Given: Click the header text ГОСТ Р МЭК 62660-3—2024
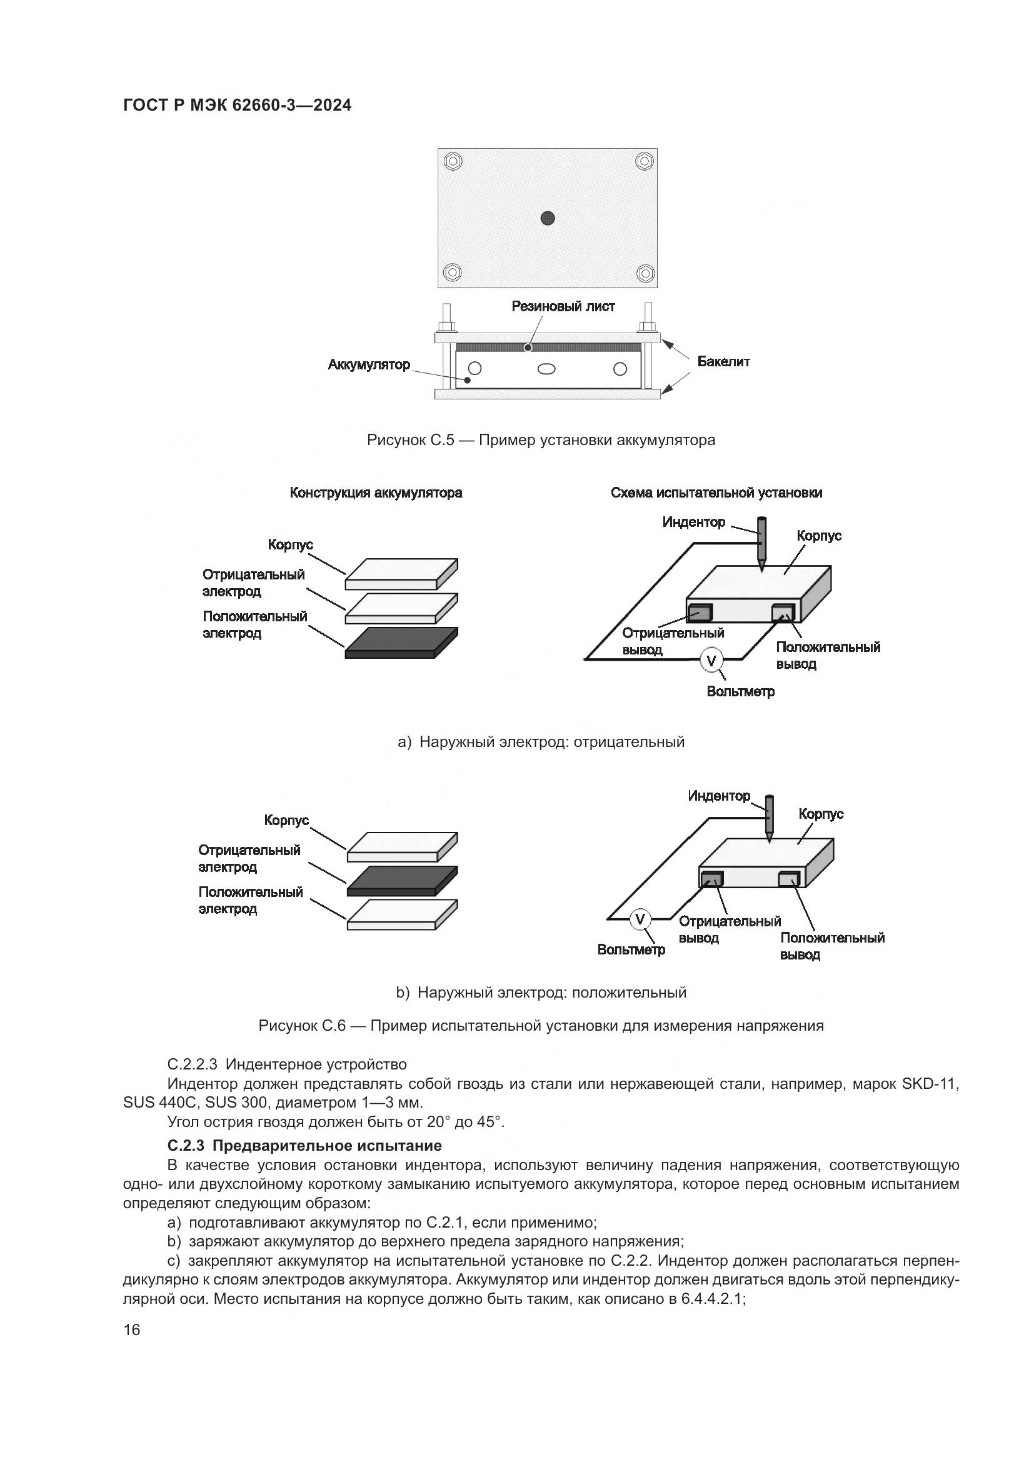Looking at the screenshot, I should [x=237, y=106].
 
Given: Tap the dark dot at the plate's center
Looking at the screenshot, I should [x=548, y=218].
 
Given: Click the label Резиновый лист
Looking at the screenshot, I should [x=563, y=307].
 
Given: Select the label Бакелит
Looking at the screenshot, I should [x=723, y=362].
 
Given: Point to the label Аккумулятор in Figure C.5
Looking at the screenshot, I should [x=369, y=365].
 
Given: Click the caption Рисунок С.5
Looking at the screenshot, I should [x=541, y=440].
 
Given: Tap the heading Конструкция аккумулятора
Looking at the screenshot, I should [x=376, y=493].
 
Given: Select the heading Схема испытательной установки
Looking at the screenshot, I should [x=716, y=493].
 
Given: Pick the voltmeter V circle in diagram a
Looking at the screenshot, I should [x=711, y=661].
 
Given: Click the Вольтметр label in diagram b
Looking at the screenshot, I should [x=631, y=950].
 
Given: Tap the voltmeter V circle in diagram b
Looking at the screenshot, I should [x=641, y=919].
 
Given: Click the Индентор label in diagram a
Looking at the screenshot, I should [x=693, y=523].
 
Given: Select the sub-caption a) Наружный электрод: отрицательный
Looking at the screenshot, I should [x=541, y=742].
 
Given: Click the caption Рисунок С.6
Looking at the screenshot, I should [x=541, y=1026].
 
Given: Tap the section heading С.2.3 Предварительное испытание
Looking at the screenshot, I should [x=304, y=1146].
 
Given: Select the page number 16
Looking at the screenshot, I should [x=132, y=1330].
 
